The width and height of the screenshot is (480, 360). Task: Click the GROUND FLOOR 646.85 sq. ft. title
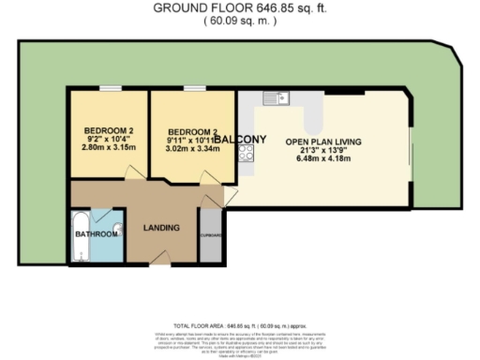pos(240,8)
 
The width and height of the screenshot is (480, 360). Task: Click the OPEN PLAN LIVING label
pos(323,141)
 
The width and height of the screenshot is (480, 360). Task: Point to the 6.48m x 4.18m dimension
pos(323,159)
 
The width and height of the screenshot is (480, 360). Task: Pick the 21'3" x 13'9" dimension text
pos(323,150)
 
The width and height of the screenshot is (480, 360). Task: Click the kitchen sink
pos(278,97)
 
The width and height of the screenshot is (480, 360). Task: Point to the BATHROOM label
pos(97,233)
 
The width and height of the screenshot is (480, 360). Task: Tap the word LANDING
pos(160,227)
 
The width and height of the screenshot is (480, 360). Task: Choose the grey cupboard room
pos(210,234)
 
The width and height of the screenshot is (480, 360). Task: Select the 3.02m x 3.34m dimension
pos(192,149)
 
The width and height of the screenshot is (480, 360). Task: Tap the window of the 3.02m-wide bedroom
pos(194,88)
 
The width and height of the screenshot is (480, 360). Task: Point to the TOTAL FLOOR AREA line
pos(241,322)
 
